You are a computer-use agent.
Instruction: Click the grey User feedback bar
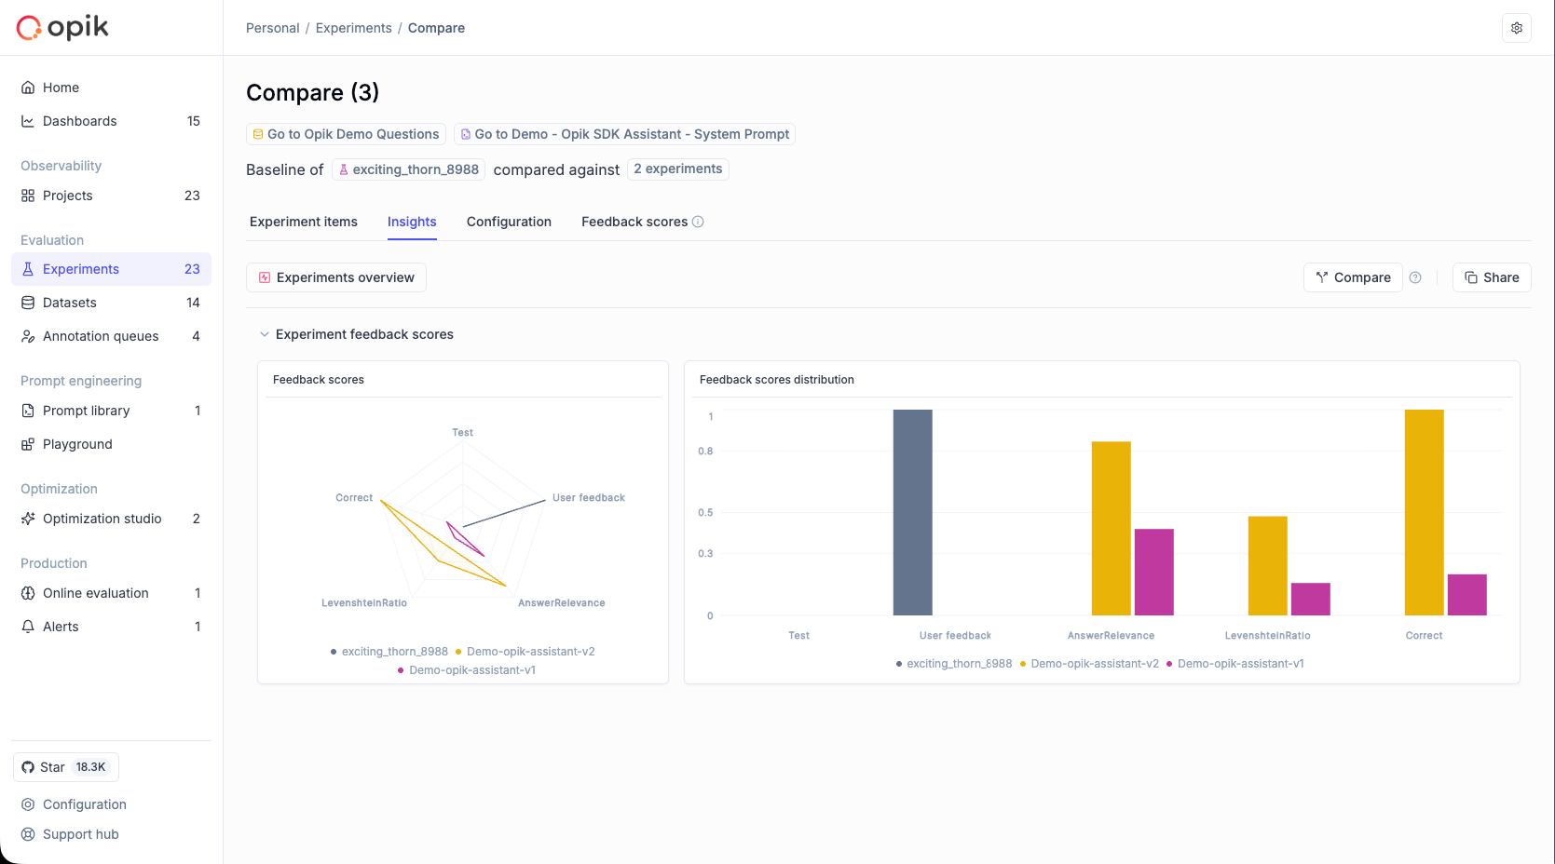pyautogui.click(x=912, y=512)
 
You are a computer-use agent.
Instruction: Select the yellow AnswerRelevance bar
pyautogui.click(x=1111, y=528)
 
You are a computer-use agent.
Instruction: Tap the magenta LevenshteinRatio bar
pyautogui.click(x=1310, y=599)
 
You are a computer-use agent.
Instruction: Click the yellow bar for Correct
pyautogui.click(x=1424, y=512)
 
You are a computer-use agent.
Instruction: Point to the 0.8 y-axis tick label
pyautogui.click(x=705, y=452)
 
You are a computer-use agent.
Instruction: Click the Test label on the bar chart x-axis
pyautogui.click(x=798, y=636)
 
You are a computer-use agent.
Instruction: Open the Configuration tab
pyautogui.click(x=509, y=222)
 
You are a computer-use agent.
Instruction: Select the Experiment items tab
pyautogui.click(x=304, y=222)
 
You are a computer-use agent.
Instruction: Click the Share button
pyautogui.click(x=1491, y=277)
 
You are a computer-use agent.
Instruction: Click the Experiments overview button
pyautogui.click(x=336, y=277)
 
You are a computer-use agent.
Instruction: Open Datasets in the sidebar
pyautogui.click(x=70, y=303)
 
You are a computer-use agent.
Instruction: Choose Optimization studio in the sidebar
pyautogui.click(x=102, y=519)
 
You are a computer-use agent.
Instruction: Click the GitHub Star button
pyautogui.click(x=65, y=767)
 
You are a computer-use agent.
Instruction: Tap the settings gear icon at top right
pyautogui.click(x=1517, y=28)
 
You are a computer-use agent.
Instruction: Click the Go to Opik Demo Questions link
pyautogui.click(x=346, y=134)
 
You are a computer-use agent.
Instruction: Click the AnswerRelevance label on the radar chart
pyautogui.click(x=561, y=603)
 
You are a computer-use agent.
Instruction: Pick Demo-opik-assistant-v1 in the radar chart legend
pyautogui.click(x=471, y=670)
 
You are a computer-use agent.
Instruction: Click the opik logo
pyautogui.click(x=63, y=28)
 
